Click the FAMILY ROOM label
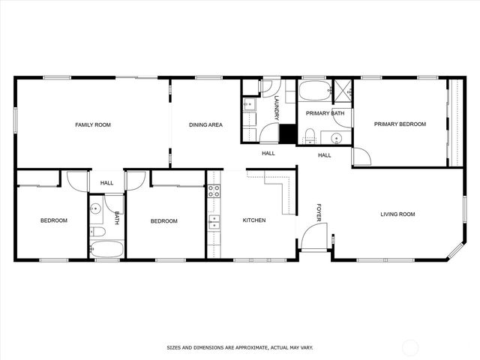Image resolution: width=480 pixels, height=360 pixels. (x=93, y=124)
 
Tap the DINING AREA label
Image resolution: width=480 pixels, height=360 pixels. (x=205, y=124)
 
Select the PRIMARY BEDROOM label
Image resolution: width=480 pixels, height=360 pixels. (x=400, y=124)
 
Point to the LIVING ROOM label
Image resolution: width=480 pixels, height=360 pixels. (x=397, y=214)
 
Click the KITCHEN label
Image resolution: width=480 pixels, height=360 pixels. (x=254, y=220)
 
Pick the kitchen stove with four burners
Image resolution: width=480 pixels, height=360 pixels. (x=214, y=190)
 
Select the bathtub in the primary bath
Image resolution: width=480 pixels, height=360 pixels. (x=313, y=92)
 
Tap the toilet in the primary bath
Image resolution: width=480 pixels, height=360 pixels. (x=309, y=135)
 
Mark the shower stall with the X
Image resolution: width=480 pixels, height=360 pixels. (x=343, y=90)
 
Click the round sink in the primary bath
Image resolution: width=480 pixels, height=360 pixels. (x=337, y=137)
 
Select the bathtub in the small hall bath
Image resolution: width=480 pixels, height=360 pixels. (x=106, y=248)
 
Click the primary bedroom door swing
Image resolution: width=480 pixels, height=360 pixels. (x=361, y=155)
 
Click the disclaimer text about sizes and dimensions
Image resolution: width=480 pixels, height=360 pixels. (x=239, y=348)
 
